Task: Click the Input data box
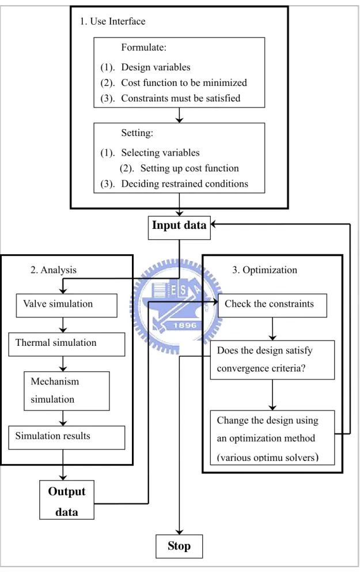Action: (x=179, y=228)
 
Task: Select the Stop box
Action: (x=179, y=546)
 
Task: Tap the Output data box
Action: (x=67, y=500)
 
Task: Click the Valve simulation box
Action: (x=67, y=305)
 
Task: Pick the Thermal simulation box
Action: (x=67, y=344)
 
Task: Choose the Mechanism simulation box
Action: (x=67, y=391)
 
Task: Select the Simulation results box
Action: (x=67, y=437)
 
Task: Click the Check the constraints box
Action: (x=272, y=305)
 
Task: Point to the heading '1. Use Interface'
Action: (x=112, y=21)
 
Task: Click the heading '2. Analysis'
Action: (x=54, y=270)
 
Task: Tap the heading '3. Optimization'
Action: (x=264, y=270)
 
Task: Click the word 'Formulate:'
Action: (x=143, y=47)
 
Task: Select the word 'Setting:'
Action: (x=137, y=133)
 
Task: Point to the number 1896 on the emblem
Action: (x=185, y=325)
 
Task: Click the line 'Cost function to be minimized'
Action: (x=184, y=82)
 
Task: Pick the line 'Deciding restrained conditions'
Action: (x=184, y=184)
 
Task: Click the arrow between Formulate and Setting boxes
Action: (x=180, y=115)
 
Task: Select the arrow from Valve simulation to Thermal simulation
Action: (x=63, y=325)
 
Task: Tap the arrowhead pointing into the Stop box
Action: (x=180, y=532)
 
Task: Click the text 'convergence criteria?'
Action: (x=261, y=368)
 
